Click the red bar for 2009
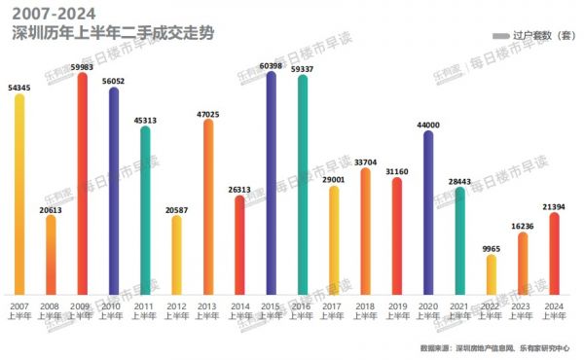[83, 185]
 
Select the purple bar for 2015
[271, 185]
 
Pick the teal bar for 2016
[302, 187]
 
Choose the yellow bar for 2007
[19, 195]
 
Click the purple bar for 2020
[427, 214]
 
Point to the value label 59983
[83, 67]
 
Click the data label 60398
[271, 65]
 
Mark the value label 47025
[208, 114]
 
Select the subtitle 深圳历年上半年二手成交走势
[111, 33]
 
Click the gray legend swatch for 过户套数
[501, 36]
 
